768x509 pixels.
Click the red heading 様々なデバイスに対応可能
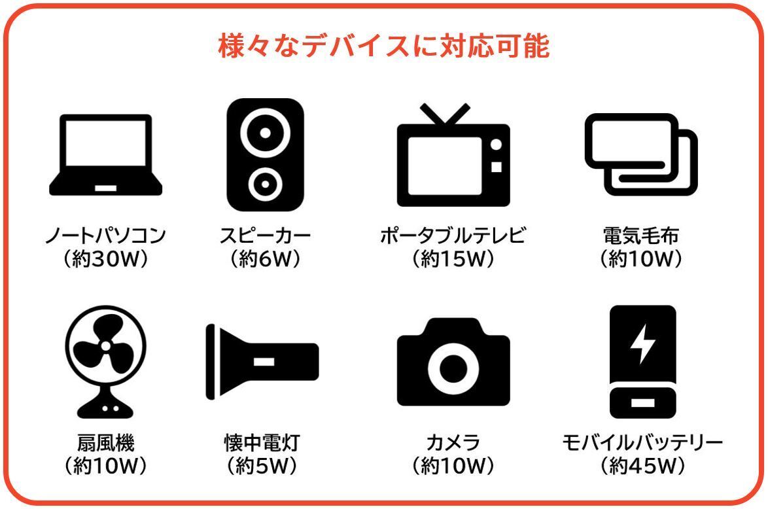point(384,46)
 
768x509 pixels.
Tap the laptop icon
point(106,155)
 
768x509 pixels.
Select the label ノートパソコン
point(106,236)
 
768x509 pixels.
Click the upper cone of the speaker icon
point(265,133)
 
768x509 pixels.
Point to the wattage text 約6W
point(265,259)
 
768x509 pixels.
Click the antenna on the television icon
point(445,114)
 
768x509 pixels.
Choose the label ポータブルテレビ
point(453,236)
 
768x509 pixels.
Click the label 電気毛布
point(641,236)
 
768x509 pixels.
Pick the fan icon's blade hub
point(106,346)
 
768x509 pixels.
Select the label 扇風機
point(106,443)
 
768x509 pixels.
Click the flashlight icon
point(262,362)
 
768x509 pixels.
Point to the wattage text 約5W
point(262,466)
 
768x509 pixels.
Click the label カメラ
point(453,443)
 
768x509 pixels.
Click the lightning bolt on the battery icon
point(642,344)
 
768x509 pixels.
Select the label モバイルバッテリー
point(642,443)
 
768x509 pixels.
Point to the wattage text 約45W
point(642,466)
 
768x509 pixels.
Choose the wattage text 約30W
point(106,259)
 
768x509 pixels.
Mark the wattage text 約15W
point(453,259)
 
